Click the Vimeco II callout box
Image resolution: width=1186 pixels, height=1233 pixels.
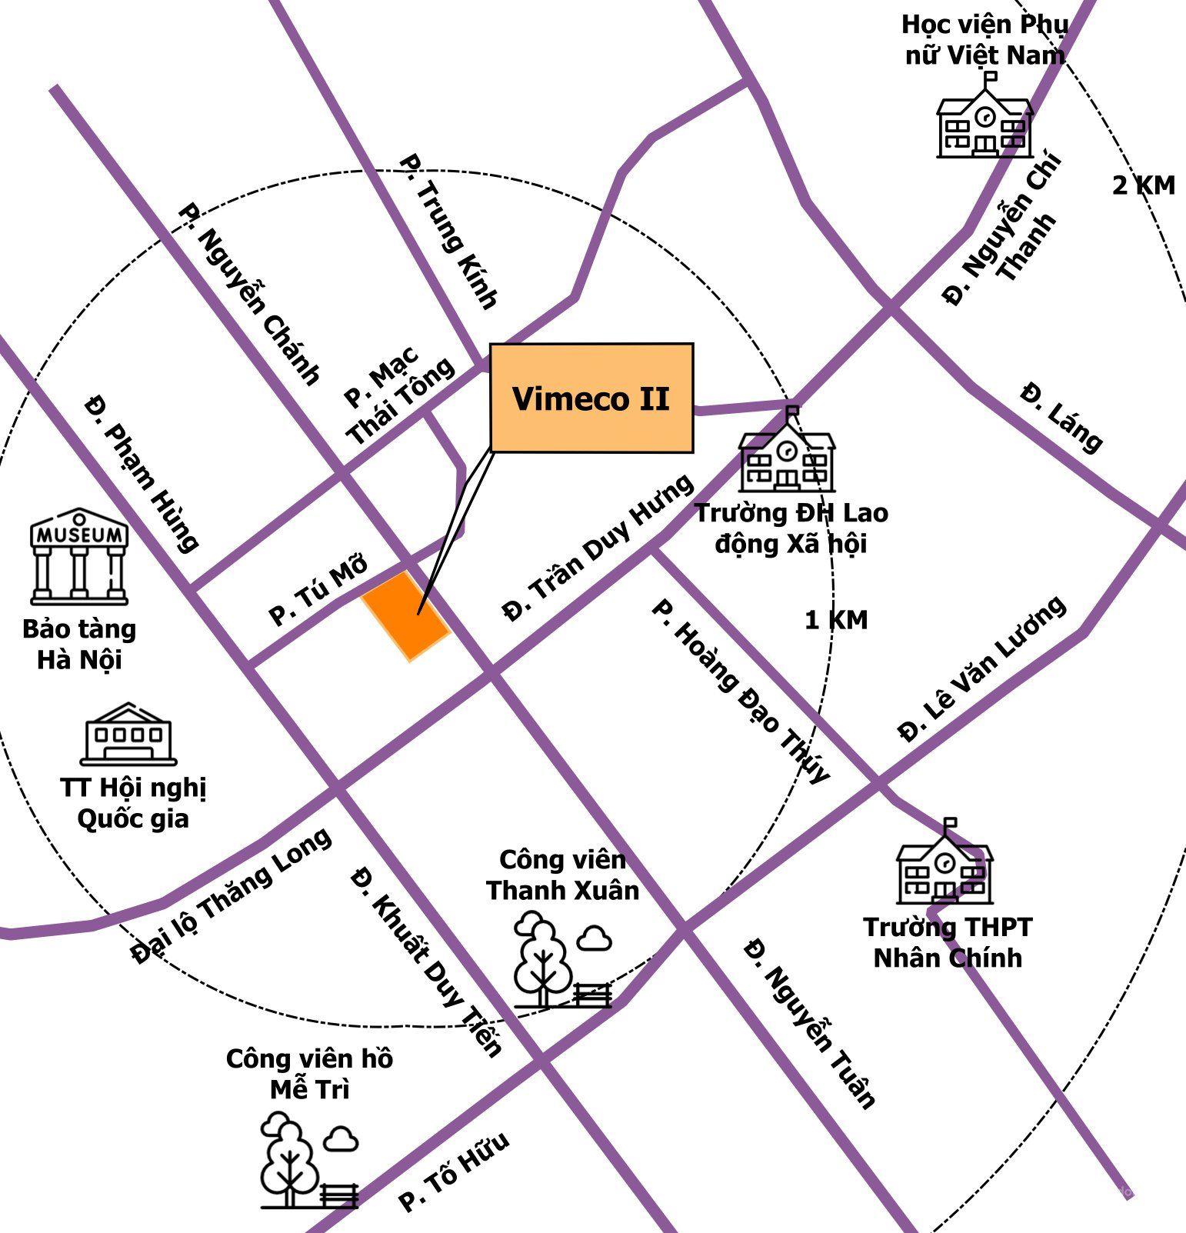click(591, 398)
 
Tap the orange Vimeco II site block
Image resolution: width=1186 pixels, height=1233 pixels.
click(405, 616)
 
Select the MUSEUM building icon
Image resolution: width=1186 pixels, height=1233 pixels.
click(79, 555)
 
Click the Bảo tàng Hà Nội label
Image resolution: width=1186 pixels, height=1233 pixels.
click(79, 644)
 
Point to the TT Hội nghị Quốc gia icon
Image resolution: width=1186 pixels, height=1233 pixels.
click(128, 734)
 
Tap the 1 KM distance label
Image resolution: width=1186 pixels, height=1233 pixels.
click(836, 620)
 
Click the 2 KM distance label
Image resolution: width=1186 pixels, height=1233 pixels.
click(1144, 185)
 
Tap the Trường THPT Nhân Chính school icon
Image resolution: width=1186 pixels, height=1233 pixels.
click(945, 863)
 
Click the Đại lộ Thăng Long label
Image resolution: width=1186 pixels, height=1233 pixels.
click(232, 895)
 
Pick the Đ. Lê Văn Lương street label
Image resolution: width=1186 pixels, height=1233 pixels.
click(982, 669)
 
